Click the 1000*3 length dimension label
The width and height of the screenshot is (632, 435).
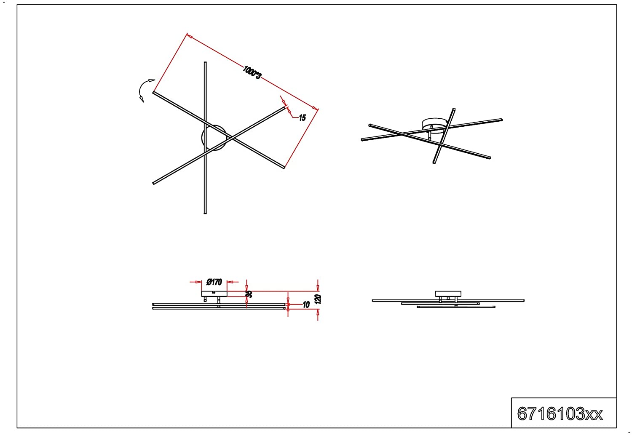point(252,72)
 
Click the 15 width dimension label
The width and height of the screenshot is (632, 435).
point(302,118)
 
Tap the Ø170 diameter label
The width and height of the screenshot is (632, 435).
point(214,282)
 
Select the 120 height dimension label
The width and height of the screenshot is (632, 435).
point(318,299)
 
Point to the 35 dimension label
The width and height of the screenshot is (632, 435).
point(249,294)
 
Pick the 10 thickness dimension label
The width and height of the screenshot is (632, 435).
point(306,304)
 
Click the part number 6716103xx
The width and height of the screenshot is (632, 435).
point(560,414)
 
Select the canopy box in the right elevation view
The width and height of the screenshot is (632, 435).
point(448,294)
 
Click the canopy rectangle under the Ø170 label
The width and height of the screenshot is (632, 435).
point(214,294)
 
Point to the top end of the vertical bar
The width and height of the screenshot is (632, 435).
point(205,62)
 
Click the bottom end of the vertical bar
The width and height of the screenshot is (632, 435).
point(205,213)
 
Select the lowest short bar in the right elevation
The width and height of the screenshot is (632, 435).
point(456,307)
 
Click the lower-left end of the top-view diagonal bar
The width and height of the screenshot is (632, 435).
point(153,184)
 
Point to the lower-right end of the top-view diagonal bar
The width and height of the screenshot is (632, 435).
point(284,168)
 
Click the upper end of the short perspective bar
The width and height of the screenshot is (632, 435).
point(454,109)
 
